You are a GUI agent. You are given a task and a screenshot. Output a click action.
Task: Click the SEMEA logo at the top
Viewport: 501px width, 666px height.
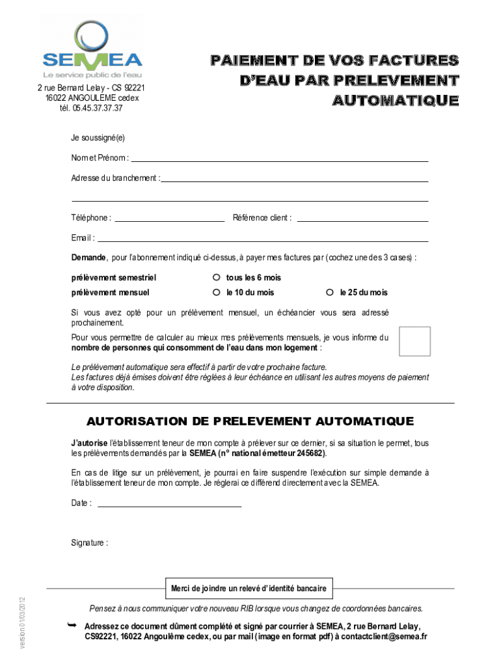tap(92, 49)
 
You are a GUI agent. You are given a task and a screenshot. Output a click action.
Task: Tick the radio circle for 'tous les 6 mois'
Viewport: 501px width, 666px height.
tap(217, 278)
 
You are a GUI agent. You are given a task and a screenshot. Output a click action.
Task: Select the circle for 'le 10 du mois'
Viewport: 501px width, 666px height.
tap(217, 292)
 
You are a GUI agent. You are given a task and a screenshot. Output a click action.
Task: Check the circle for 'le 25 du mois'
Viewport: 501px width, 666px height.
tap(330, 292)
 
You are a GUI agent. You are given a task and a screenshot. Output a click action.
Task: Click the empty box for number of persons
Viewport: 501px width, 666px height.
tap(414, 341)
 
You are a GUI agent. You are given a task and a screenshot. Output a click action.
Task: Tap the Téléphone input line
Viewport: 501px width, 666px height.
tap(169, 220)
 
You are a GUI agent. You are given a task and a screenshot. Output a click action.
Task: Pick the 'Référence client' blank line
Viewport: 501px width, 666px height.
tap(362, 220)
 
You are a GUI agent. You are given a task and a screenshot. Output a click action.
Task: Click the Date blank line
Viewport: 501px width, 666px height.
tap(169, 505)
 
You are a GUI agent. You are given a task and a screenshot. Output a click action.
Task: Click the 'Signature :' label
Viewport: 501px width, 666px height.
tap(90, 542)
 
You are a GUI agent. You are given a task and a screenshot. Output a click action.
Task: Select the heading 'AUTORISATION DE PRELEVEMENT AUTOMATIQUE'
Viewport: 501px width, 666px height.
tap(251, 421)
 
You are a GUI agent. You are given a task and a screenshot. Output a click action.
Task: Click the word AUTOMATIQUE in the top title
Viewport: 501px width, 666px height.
tap(396, 101)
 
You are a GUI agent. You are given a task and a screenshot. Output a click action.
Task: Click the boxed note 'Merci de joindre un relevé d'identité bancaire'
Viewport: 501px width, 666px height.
tap(249, 589)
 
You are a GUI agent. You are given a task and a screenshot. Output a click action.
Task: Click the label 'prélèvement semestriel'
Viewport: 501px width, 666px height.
tap(114, 278)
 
